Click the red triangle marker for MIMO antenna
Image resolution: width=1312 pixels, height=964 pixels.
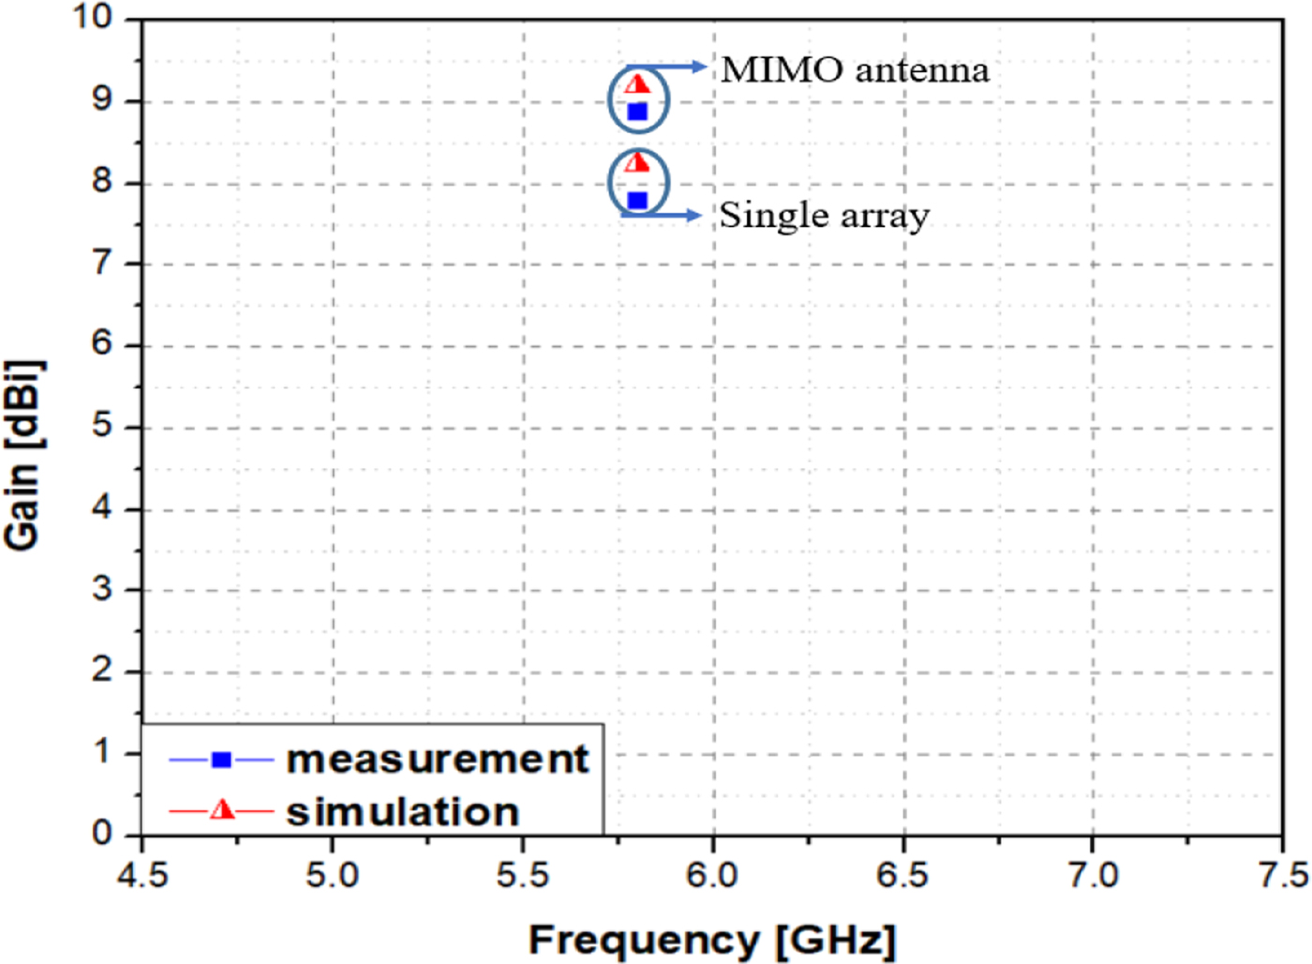coord(637,84)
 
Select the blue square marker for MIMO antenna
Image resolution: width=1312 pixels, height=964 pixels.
coord(637,112)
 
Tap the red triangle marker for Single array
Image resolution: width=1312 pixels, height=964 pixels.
coord(637,163)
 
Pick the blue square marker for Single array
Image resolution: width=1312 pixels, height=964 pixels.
coord(637,200)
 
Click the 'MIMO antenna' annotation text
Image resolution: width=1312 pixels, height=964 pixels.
coord(855,70)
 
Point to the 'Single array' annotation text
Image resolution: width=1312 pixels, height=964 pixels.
coord(824,216)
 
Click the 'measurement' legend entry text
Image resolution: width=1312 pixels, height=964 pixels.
coord(438,759)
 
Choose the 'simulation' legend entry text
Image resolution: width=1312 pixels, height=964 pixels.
coord(403,812)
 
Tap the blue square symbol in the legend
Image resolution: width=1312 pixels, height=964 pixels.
coord(221,760)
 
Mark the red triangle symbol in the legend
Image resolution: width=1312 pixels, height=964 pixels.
coord(222,809)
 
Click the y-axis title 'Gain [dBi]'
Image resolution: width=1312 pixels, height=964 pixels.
coord(22,455)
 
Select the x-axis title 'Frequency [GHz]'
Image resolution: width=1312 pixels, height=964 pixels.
coord(712,940)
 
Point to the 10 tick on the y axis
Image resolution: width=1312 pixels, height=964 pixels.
coord(94,17)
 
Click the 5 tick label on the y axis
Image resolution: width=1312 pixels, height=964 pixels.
coord(102,426)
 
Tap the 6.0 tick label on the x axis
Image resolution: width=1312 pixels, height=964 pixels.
coord(712,875)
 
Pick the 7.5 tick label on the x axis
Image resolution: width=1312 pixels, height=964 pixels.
coord(1284,875)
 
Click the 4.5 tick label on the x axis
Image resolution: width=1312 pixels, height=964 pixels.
coord(142,875)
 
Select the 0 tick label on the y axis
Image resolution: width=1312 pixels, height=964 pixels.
coord(102,833)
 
